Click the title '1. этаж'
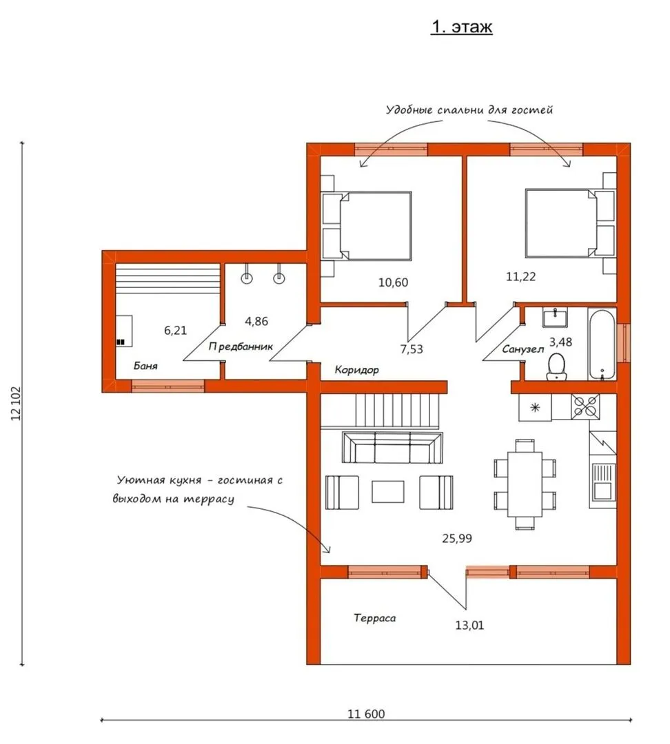(x=461, y=27)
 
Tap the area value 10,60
(x=393, y=282)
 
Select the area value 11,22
(x=521, y=277)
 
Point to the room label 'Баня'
(x=145, y=366)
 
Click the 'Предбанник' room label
(x=241, y=347)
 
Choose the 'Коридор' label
(x=356, y=370)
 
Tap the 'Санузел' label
(x=522, y=350)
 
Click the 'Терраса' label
(x=375, y=618)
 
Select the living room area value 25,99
(x=457, y=539)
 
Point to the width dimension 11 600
(x=366, y=714)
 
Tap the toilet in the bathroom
(x=556, y=366)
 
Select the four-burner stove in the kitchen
(x=585, y=406)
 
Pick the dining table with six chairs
(x=525, y=484)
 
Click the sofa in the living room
(x=392, y=447)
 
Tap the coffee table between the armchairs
(x=388, y=492)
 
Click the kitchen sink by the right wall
(x=602, y=481)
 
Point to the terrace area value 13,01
(x=469, y=626)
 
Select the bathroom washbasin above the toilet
(x=555, y=318)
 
